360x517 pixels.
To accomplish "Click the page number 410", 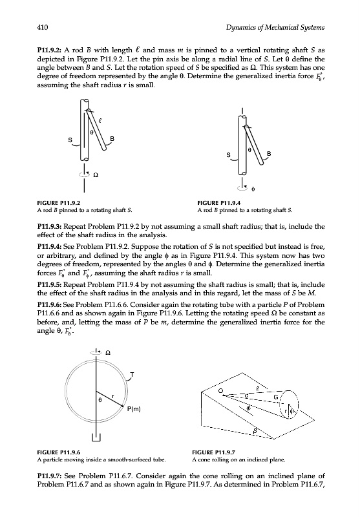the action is click(x=43, y=27).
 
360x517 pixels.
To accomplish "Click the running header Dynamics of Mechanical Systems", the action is click(x=275, y=28).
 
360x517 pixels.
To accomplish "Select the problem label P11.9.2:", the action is click(x=50, y=50).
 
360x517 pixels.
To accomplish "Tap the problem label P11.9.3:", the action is click(x=50, y=227).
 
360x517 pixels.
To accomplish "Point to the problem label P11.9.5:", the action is click(x=50, y=284).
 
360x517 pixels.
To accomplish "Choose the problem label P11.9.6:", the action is click(x=50, y=304).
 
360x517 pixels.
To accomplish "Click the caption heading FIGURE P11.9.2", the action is click(x=58, y=203).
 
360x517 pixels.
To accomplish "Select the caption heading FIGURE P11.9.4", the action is click(x=219, y=203).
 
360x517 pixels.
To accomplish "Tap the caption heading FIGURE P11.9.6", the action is click(x=58, y=452).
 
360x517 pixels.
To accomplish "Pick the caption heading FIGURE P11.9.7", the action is click(x=214, y=452).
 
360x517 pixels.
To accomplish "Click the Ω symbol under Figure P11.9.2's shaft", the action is click(x=96, y=175).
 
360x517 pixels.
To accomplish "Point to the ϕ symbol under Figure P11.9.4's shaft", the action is click(x=253, y=189).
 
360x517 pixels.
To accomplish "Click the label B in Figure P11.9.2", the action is click(x=112, y=139).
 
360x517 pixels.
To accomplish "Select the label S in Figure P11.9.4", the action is click(x=228, y=154).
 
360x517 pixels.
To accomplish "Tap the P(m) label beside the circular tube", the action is click(x=134, y=409).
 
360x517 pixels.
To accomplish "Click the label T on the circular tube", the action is click(x=132, y=375).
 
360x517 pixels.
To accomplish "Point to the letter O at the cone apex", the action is click(x=222, y=391).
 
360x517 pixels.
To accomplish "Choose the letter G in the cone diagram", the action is click(x=275, y=397).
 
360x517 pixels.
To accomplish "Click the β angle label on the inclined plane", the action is click(x=255, y=430).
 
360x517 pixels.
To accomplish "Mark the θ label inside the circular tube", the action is click(x=100, y=400).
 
